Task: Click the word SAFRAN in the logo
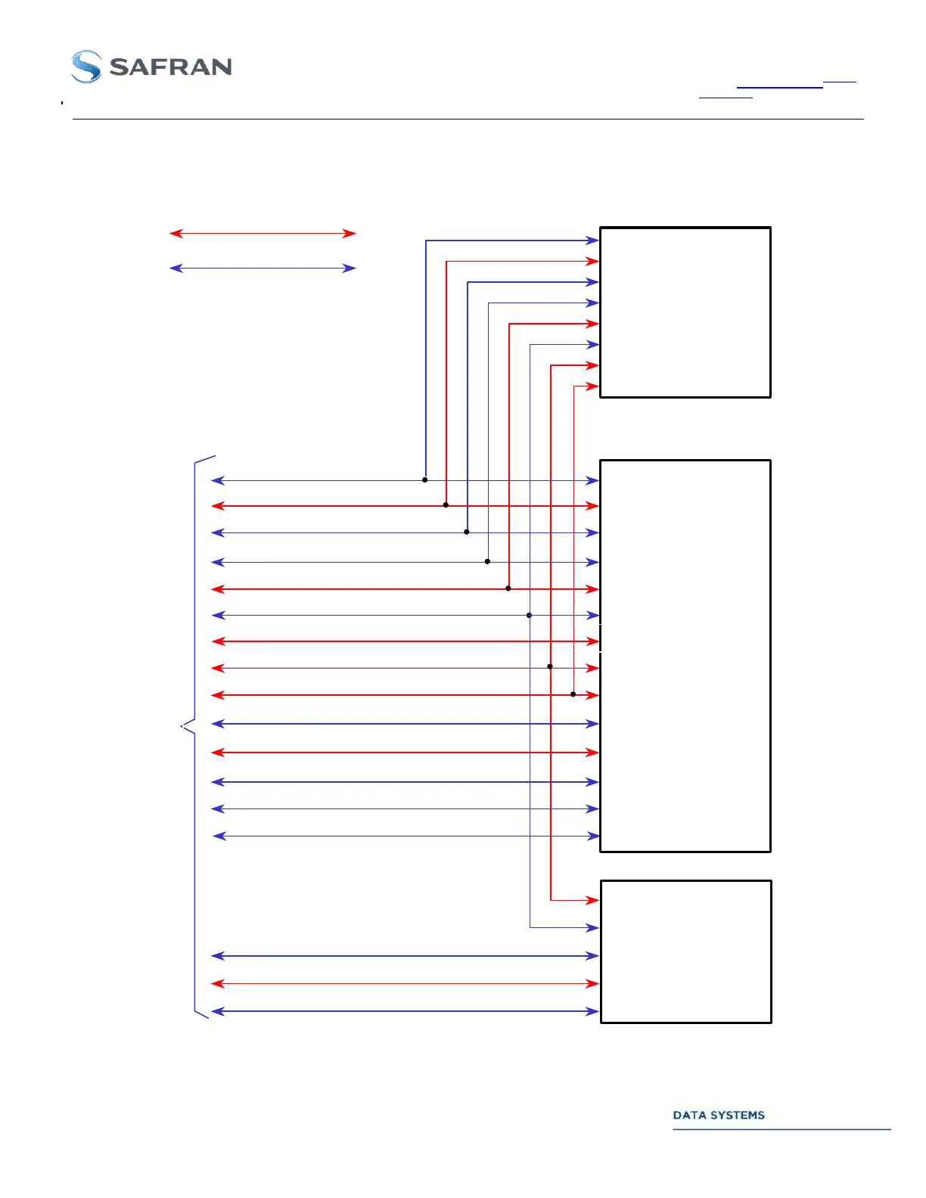click(170, 67)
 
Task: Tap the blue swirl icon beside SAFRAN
click(86, 67)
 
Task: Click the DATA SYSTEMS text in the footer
click(718, 1115)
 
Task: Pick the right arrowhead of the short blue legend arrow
click(350, 268)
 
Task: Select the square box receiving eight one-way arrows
click(685, 312)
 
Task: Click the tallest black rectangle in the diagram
click(685, 656)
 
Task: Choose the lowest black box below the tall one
click(685, 951)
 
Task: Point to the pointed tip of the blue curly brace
click(183, 726)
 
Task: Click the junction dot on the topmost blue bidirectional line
click(425, 480)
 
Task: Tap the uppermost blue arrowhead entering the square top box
click(594, 241)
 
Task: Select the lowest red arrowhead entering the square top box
click(594, 386)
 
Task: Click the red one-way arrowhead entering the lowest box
click(594, 900)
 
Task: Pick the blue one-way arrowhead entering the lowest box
click(594, 927)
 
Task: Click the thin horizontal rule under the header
click(468, 119)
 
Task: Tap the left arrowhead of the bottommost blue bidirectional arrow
click(216, 1011)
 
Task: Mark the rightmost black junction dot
click(573, 694)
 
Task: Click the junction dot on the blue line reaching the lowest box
click(530, 616)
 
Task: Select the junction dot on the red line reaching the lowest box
click(550, 666)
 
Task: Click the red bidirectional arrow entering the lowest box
click(405, 983)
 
